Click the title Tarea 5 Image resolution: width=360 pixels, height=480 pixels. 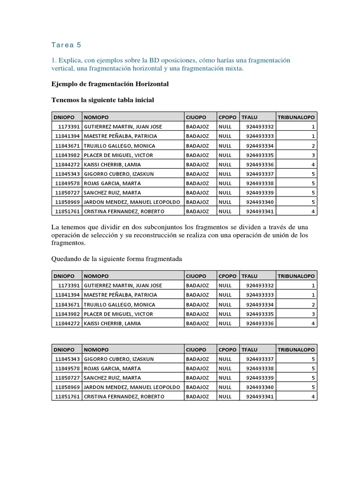click(x=66, y=45)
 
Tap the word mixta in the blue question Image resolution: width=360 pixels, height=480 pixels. click(x=233, y=69)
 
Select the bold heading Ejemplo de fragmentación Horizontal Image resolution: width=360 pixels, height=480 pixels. click(x=110, y=84)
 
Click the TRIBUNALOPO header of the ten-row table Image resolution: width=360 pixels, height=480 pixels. click(x=296, y=117)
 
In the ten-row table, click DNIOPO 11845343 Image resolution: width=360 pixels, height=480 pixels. click(x=67, y=173)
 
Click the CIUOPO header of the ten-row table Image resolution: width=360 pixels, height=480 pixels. click(x=196, y=117)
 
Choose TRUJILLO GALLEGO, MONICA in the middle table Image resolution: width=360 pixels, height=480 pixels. click(x=119, y=304)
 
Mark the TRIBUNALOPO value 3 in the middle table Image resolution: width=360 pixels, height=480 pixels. click(x=313, y=314)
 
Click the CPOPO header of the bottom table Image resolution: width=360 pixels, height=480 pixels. click(x=227, y=349)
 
